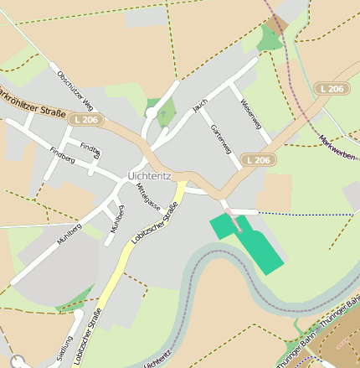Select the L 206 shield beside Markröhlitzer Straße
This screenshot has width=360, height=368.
[x=85, y=121]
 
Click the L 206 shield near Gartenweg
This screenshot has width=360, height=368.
[x=257, y=159]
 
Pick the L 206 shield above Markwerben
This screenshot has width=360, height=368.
[x=332, y=88]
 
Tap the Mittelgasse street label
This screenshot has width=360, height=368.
[x=147, y=199]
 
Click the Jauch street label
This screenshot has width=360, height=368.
[x=199, y=106]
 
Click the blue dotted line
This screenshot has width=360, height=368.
[x=301, y=214]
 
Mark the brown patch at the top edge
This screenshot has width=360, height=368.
[x=277, y=23]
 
